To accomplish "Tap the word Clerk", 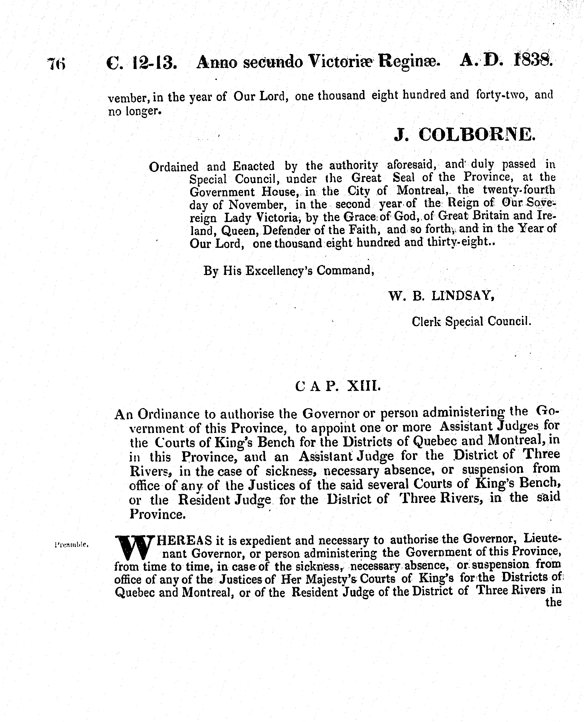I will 426,322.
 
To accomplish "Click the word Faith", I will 365,230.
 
